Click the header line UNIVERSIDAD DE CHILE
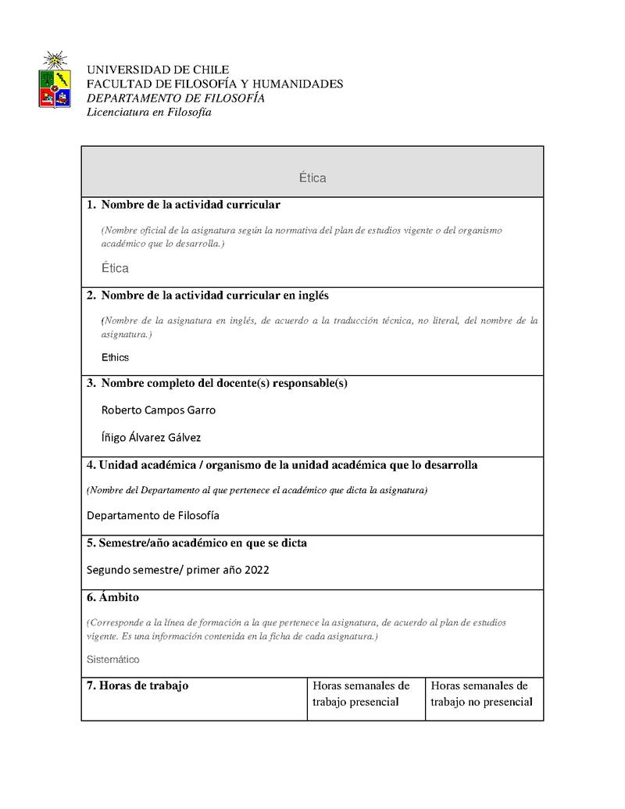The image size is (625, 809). coord(157,70)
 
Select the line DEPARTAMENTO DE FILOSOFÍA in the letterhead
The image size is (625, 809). coord(175,98)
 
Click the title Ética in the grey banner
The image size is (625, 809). coord(312,178)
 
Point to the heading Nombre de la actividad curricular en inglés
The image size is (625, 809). coord(215,295)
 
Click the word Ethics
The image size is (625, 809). coord(115,357)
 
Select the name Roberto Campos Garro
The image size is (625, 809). coord(159,410)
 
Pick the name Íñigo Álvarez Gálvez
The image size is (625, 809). coord(156,438)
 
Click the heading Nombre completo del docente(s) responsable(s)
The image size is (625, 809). coord(224,383)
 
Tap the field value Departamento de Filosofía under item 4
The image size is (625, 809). coord(153,515)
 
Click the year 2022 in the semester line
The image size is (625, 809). coord(256,570)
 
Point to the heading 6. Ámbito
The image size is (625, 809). coord(112,597)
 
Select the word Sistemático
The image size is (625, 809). coord(112,659)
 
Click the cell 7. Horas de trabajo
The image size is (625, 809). coord(137,686)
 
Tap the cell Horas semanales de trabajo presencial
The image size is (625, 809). coord(361,693)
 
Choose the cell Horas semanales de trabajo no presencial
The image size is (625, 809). coord(480,693)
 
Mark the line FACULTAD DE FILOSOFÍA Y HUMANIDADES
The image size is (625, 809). coord(214,84)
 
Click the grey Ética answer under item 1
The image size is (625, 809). coord(115,268)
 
